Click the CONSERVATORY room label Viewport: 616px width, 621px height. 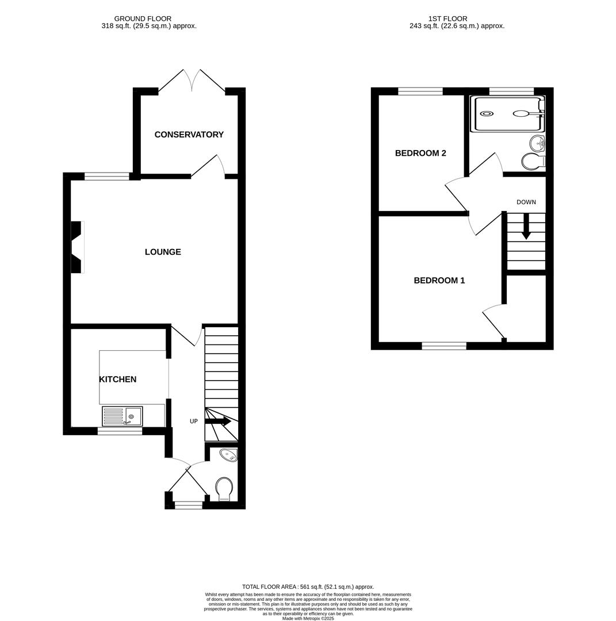[x=189, y=135]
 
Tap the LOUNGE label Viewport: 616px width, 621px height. [x=163, y=252]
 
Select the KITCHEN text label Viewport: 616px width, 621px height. [x=117, y=379]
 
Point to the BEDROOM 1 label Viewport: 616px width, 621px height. [x=439, y=281]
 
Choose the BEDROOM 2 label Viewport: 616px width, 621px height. [x=420, y=154]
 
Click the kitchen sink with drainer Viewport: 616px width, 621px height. [x=122, y=416]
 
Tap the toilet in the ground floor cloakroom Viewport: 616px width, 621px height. [x=224, y=489]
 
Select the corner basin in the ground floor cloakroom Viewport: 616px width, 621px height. [x=228, y=455]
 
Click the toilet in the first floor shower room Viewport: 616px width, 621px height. [x=533, y=162]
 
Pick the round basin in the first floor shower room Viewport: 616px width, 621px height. [x=537, y=143]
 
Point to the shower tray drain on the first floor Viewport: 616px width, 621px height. [x=487, y=114]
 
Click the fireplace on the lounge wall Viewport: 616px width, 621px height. [x=77, y=247]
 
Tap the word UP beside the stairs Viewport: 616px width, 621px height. [x=194, y=421]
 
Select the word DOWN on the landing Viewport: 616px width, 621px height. [x=526, y=202]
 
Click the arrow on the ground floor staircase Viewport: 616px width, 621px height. [x=218, y=421]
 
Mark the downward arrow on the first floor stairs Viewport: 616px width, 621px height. [x=526, y=228]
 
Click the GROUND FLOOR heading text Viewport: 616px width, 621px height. [x=143, y=19]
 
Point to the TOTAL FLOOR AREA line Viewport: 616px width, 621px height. [x=308, y=587]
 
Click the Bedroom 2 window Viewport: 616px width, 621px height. [x=420, y=91]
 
